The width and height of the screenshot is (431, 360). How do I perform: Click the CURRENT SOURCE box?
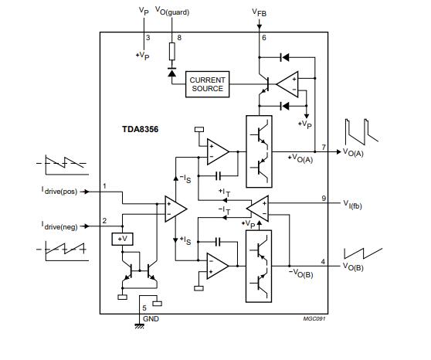click(x=208, y=84)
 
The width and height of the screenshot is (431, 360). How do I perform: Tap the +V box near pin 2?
click(x=123, y=239)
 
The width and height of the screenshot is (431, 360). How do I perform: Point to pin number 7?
click(x=324, y=146)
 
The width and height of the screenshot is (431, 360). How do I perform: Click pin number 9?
click(x=324, y=199)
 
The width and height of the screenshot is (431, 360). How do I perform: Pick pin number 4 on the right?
click(x=323, y=261)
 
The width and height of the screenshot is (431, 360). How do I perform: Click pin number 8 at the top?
click(x=180, y=37)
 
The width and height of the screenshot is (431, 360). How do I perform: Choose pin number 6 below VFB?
click(x=264, y=37)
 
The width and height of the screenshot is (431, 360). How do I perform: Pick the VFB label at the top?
click(x=261, y=12)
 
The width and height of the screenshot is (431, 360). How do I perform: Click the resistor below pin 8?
click(x=171, y=52)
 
